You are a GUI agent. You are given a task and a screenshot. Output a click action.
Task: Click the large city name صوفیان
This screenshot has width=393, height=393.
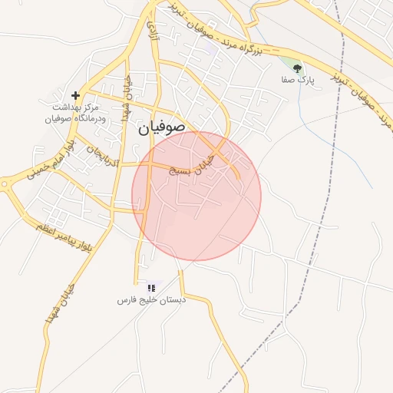click(x=162, y=129)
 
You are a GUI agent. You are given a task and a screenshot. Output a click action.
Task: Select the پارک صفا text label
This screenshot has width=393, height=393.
click(x=296, y=78)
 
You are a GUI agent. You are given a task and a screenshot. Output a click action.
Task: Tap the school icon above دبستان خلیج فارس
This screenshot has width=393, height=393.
click(x=151, y=287)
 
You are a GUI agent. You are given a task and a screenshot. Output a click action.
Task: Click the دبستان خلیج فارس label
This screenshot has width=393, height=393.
click(x=151, y=299)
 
